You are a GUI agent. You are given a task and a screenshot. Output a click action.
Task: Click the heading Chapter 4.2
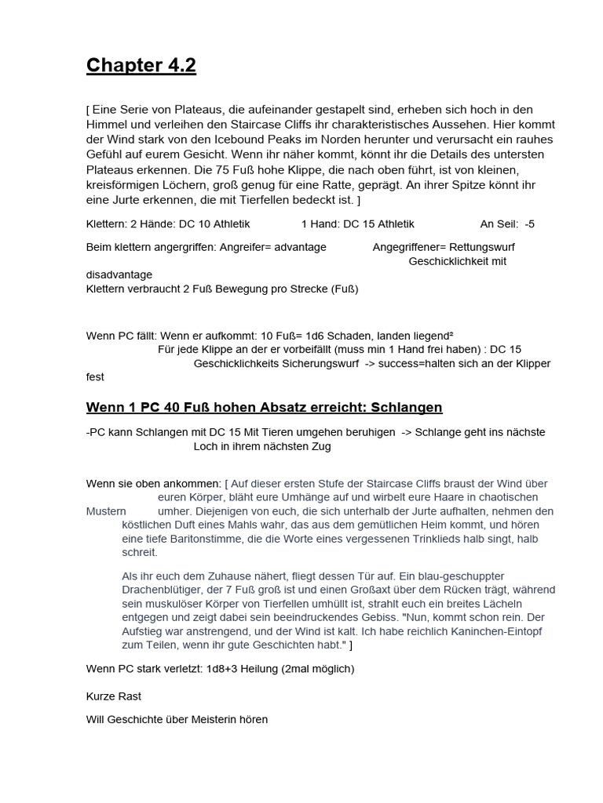coord(141,66)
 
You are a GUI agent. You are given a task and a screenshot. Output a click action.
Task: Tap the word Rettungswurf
coord(482,247)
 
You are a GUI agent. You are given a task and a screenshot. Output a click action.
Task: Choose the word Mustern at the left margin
coord(106,511)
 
